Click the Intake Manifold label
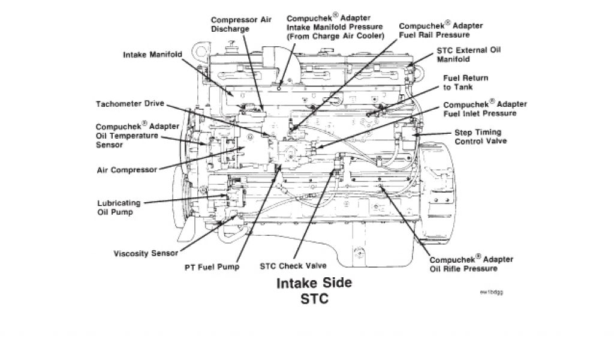(152, 55)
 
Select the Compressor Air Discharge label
(242, 24)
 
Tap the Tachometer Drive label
(130, 104)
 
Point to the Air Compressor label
(127, 170)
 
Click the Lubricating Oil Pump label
(119, 207)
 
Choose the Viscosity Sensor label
(146, 253)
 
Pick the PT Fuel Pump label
(212, 266)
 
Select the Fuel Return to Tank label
(465, 83)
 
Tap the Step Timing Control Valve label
(478, 137)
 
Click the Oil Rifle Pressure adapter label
(463, 263)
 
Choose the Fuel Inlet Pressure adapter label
(480, 108)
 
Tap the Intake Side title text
(314, 283)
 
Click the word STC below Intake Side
(314, 298)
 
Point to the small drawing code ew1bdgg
(491, 292)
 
